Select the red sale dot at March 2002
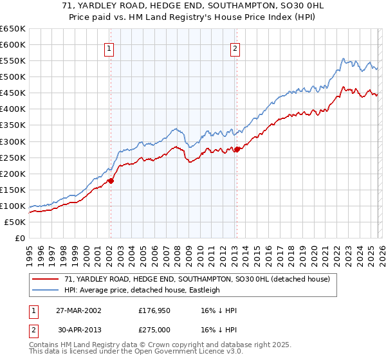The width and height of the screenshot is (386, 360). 111,181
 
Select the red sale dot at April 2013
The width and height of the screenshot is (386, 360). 237,149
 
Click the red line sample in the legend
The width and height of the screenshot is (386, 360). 46,279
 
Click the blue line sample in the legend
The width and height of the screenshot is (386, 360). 46,290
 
